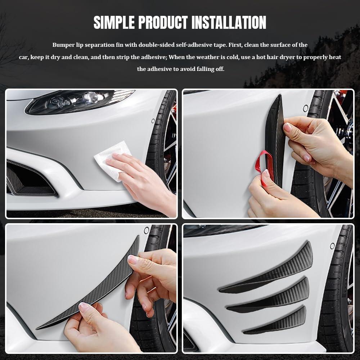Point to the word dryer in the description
pyautogui.click(x=284, y=57)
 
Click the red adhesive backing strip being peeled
pyautogui.click(x=264, y=166)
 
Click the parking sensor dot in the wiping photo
pyautogui.click(x=153, y=121)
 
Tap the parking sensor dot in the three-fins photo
pyautogui.click(x=332, y=246)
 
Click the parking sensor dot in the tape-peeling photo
pyautogui.click(x=305, y=108)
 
